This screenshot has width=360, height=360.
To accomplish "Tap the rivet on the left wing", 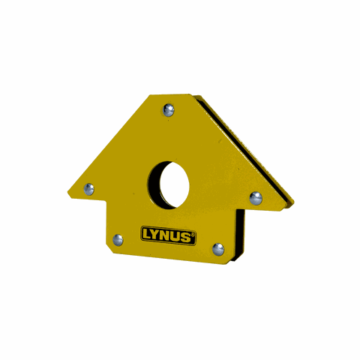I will click(88, 188).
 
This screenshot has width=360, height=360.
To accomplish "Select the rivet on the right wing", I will click(256, 198).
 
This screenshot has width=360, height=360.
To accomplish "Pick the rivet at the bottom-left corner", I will click(117, 239).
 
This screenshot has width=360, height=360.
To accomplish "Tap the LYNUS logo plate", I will click(169, 235).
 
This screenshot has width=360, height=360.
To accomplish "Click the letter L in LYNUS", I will click(147, 235).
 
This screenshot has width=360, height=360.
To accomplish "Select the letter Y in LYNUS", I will click(157, 235).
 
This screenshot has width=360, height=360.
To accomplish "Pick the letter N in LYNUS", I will click(167, 235).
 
